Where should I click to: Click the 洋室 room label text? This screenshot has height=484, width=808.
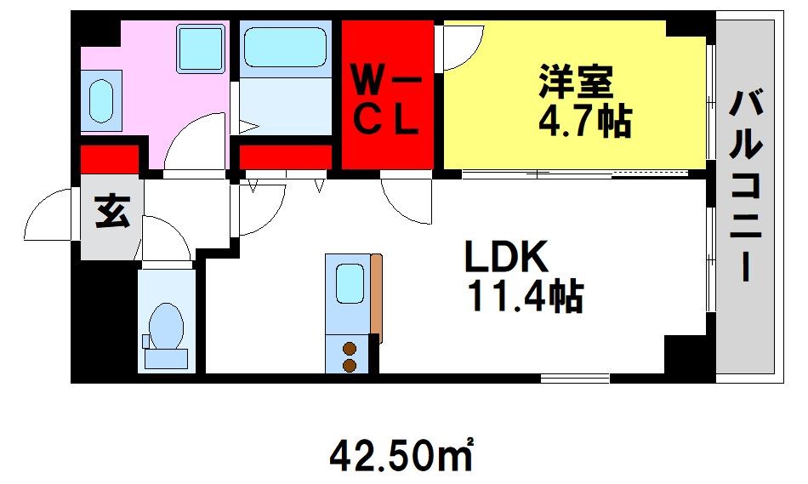(x=575, y=82)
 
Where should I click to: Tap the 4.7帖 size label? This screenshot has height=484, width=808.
(x=585, y=122)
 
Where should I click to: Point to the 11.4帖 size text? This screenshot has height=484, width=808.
(x=525, y=296)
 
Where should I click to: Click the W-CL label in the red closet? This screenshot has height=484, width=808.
(x=386, y=101)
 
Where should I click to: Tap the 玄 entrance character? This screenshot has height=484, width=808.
(x=111, y=212)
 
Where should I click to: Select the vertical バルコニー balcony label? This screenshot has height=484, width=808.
(x=746, y=185)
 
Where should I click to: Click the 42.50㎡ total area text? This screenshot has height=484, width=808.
(x=401, y=453)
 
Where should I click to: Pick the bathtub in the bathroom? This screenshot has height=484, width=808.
(x=285, y=48)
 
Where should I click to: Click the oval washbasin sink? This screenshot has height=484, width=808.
(x=100, y=100)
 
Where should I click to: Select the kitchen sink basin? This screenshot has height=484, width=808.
(x=350, y=283)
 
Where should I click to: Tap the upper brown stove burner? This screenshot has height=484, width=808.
(x=350, y=349)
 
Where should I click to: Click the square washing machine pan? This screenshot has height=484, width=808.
(x=200, y=48)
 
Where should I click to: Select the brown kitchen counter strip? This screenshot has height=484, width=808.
(x=377, y=299)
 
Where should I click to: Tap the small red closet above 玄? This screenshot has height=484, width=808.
(x=110, y=159)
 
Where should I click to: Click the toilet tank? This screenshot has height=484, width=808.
(x=166, y=358)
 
